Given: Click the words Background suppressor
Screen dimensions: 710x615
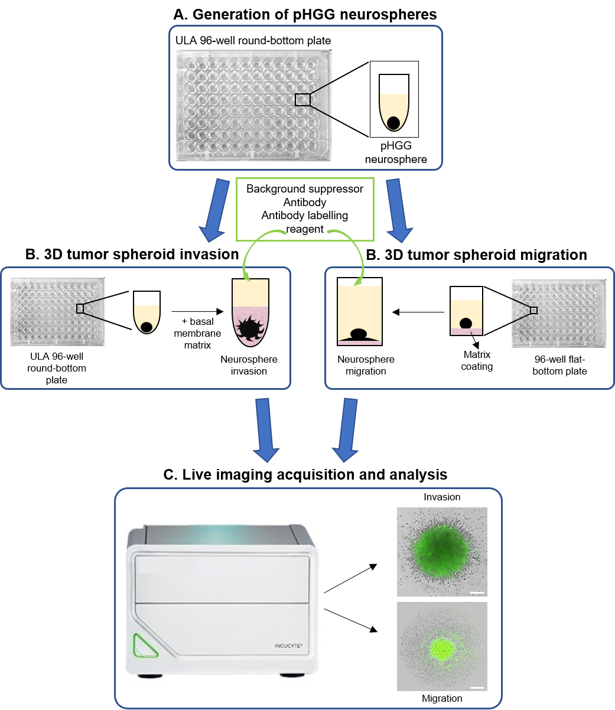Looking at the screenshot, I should tap(305, 189).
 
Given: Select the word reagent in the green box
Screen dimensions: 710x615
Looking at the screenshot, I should tap(305, 229).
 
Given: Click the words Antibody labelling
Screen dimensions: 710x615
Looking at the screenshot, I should tap(305, 216).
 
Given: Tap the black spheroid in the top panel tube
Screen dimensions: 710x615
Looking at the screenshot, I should tap(393, 123).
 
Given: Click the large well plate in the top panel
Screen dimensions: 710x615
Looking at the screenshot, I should tap(254, 105).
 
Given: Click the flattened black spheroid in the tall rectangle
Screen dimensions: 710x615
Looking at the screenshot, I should tap(359, 334).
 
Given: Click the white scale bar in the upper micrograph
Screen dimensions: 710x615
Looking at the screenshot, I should tap(477, 592).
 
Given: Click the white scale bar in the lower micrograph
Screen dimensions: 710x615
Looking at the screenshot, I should tap(477, 688).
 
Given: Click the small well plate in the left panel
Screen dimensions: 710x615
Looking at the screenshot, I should tap(58, 312).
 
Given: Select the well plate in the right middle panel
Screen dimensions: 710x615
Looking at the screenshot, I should tap(559, 314).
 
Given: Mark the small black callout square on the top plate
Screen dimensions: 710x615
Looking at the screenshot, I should tap(302, 100).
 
